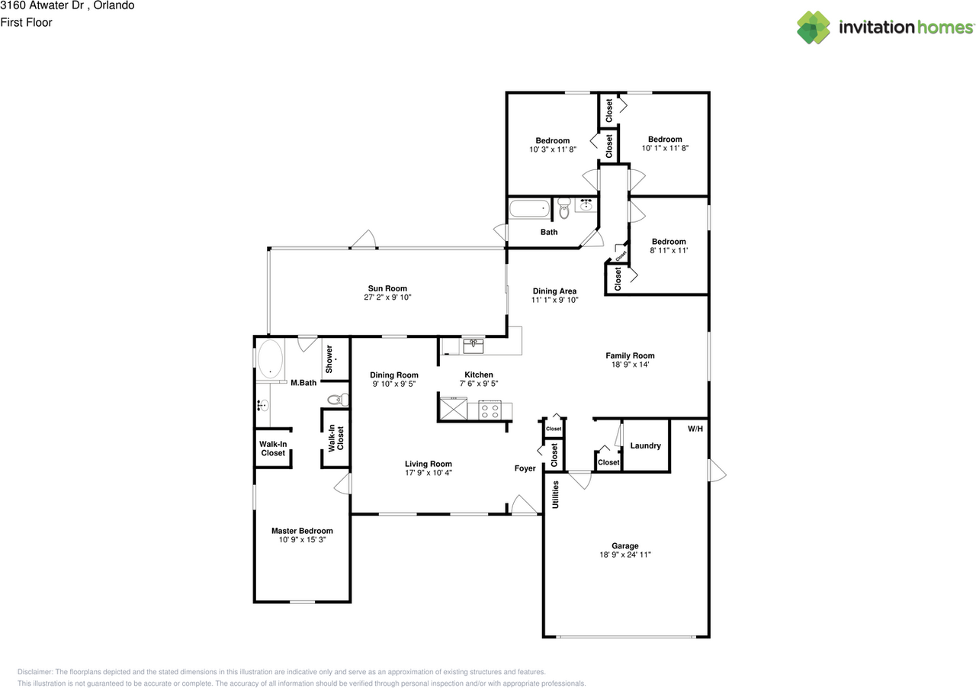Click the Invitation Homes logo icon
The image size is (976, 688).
click(813, 27)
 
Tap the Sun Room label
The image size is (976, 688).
click(387, 288)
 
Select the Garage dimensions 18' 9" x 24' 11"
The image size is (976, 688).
click(624, 555)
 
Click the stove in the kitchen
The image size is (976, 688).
click(490, 410)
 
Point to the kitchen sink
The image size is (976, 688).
click(473, 346)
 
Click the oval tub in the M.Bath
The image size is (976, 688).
click(270, 358)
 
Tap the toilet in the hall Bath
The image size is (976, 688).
click(563, 208)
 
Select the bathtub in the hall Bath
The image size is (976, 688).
click(530, 208)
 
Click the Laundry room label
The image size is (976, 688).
click(645, 445)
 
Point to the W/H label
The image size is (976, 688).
click(695, 429)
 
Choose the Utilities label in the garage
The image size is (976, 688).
click(555, 494)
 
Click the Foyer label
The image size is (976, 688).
click(525, 468)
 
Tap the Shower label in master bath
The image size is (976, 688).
click(329, 358)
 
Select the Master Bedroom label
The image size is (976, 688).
click(302, 531)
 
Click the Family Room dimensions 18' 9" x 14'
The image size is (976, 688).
click(630, 365)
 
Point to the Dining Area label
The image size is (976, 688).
click(554, 291)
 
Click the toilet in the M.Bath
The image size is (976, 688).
click(338, 400)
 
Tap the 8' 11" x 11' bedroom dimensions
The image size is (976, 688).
click(669, 250)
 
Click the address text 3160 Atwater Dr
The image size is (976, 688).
click(42, 5)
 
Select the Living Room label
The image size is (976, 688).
click(429, 464)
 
